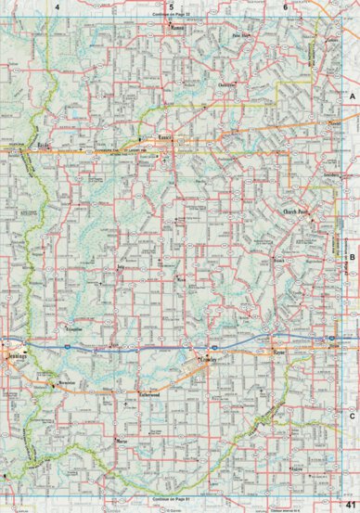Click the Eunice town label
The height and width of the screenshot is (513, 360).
(x=167, y=138)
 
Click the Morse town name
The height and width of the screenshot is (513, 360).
(x=122, y=441)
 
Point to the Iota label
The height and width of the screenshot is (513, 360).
(x=119, y=265)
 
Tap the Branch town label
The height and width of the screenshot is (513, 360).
(x=277, y=261)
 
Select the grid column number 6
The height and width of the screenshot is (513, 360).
(x=284, y=7)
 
